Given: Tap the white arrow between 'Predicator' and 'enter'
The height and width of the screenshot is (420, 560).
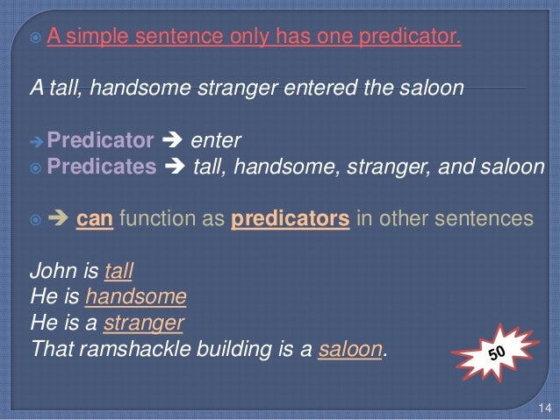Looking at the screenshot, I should [174, 140].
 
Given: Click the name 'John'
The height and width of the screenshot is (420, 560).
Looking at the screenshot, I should [50, 271].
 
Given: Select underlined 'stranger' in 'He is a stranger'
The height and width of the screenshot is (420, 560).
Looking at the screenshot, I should [143, 324].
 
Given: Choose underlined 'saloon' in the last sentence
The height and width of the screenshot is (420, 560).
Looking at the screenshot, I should [351, 350].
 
